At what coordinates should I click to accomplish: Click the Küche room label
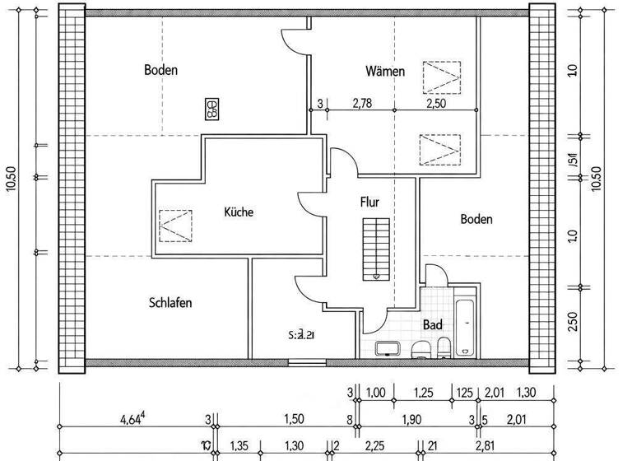click(239, 212)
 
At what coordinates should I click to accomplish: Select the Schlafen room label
click(170, 303)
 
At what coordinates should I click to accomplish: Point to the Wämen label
click(385, 72)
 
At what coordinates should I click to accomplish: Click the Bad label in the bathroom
click(433, 325)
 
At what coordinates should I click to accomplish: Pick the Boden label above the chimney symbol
click(160, 70)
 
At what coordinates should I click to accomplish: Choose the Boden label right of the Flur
click(476, 219)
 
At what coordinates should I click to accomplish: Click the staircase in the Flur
click(374, 249)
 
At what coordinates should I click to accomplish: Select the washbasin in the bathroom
click(388, 348)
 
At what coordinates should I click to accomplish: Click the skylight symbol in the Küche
click(175, 224)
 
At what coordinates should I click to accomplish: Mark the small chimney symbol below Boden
click(212, 107)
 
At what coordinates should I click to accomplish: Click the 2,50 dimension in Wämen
click(436, 103)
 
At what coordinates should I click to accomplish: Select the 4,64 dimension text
click(132, 419)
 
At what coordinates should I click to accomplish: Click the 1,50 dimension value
click(293, 419)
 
